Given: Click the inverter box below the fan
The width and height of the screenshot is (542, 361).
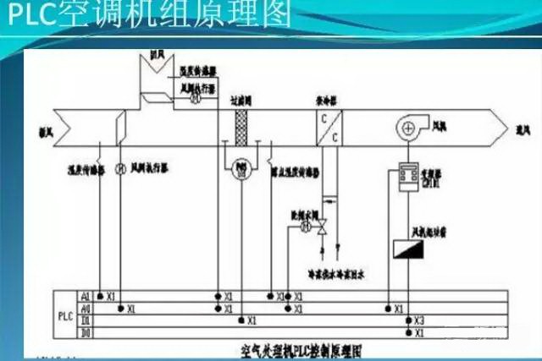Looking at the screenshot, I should click(x=408, y=176).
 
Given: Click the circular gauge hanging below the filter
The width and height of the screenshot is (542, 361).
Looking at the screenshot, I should click(x=238, y=167).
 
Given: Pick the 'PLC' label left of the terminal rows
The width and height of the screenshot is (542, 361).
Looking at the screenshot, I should click(x=66, y=315).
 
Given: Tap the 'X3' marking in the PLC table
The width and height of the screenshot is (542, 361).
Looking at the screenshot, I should click(x=419, y=322).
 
